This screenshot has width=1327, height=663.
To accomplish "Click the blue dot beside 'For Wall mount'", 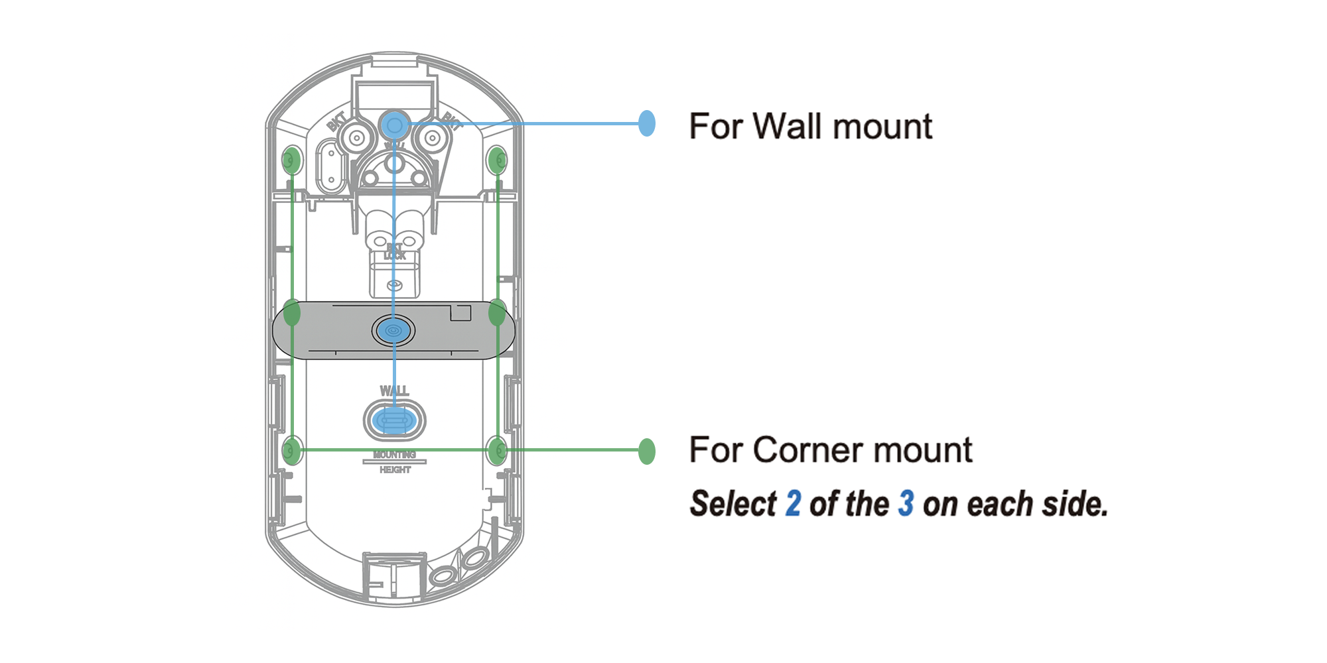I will click(x=646, y=123).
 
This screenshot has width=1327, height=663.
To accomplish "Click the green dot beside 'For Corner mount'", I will click(x=646, y=451).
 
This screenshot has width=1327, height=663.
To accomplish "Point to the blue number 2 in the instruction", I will click(x=793, y=504).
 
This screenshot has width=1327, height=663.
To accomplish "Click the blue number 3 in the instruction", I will click(x=906, y=504).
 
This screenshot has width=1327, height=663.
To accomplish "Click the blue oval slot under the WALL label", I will click(x=394, y=420).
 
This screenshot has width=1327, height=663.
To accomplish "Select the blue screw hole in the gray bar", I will click(x=393, y=330).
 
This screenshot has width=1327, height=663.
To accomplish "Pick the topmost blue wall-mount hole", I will click(x=394, y=124).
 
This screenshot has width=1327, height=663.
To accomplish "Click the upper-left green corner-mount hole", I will click(x=291, y=160).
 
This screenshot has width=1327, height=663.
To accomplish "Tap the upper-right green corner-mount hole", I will click(x=497, y=160).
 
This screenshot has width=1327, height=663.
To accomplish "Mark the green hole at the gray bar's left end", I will click(x=292, y=313).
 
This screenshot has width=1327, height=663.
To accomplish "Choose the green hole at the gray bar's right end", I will click(x=497, y=313).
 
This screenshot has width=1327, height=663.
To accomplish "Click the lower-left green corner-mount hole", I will click(x=291, y=451).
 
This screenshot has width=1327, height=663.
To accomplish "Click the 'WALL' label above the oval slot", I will click(x=394, y=391).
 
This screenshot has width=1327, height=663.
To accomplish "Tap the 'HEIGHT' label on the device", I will click(x=395, y=470).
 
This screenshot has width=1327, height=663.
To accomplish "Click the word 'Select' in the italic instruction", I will click(x=733, y=504).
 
